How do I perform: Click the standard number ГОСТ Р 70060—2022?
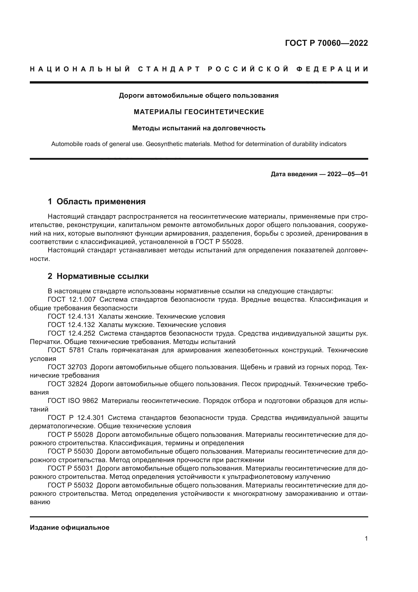(326, 43)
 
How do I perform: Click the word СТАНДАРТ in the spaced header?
(169, 69)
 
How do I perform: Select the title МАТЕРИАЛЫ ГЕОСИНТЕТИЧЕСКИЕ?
(199, 112)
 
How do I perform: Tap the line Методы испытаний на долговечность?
(199, 128)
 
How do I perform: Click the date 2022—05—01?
(347, 174)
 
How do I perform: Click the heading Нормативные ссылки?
(102, 276)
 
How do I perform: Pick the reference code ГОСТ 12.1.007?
(72, 300)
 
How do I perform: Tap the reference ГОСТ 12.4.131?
(71, 316)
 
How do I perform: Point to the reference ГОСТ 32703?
(67, 367)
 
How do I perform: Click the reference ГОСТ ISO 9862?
(73, 401)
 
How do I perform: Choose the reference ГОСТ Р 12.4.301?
(76, 417)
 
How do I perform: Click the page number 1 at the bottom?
(366, 539)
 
